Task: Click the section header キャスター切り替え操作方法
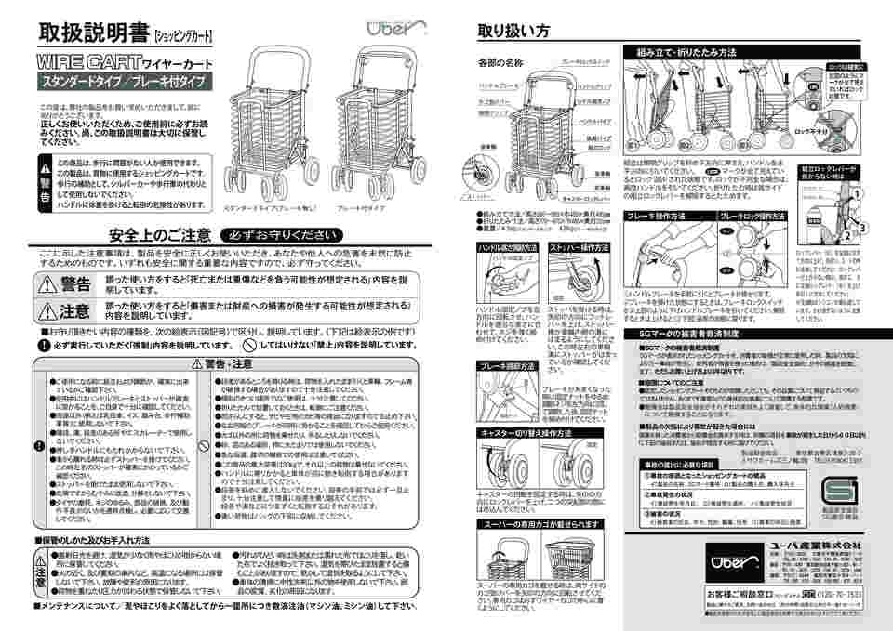coord(524,433)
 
